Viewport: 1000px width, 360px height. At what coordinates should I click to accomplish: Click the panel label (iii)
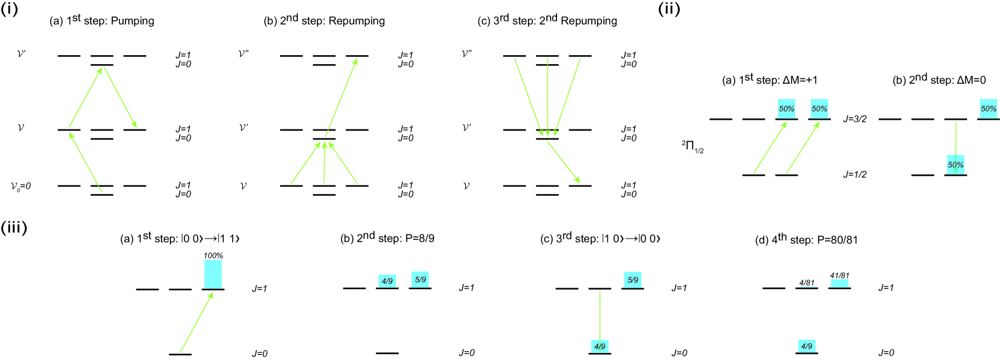(x=13, y=227)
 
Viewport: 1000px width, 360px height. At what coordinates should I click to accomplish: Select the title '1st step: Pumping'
(x=102, y=20)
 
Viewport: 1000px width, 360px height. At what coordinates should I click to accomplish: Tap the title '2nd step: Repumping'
(x=324, y=20)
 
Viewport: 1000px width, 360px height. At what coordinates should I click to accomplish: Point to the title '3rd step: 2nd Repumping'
(x=547, y=20)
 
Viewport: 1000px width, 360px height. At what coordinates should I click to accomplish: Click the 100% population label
(x=213, y=255)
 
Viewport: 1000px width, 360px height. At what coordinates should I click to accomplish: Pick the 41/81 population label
(x=840, y=276)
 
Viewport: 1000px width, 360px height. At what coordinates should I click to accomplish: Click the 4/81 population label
(x=807, y=283)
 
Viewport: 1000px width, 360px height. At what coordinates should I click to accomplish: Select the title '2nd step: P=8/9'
(x=387, y=238)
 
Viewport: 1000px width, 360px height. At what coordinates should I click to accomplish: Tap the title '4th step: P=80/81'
(x=807, y=240)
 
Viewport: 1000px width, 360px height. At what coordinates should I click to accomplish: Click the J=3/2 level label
(x=854, y=119)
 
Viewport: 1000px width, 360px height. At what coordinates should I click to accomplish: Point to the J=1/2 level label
(x=854, y=174)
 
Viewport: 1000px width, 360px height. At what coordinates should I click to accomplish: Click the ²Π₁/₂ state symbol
(x=693, y=146)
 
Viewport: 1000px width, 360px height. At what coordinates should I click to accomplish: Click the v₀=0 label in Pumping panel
(x=21, y=186)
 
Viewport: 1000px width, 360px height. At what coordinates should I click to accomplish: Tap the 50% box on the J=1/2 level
(x=956, y=165)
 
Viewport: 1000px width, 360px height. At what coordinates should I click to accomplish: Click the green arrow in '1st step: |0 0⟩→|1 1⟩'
(x=196, y=322)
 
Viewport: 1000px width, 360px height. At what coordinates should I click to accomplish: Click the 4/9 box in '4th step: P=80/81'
(x=807, y=346)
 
